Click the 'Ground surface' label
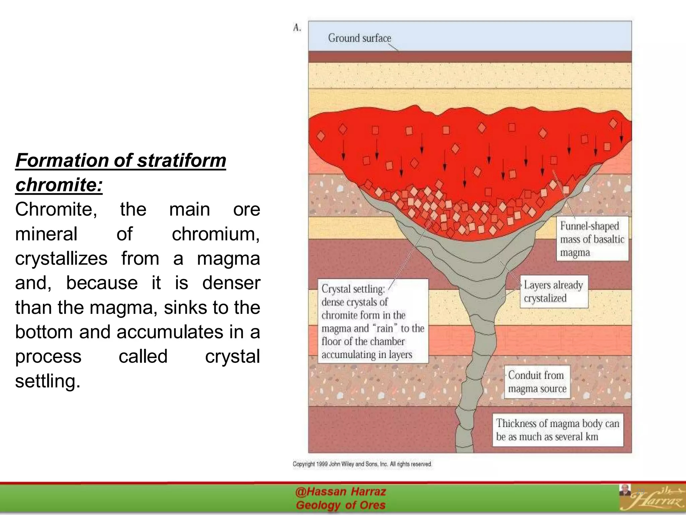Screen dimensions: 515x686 tap(359, 38)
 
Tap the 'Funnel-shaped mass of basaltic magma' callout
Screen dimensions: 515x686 tap(592, 239)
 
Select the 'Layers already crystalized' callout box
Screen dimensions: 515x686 tap(553, 291)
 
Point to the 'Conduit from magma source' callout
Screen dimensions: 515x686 tap(537, 382)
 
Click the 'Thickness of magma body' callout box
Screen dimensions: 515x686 tap(558, 430)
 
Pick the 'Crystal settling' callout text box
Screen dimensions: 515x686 tap(372, 321)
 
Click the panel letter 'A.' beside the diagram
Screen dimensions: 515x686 tap(297, 28)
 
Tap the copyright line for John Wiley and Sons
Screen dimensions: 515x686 tap(362, 464)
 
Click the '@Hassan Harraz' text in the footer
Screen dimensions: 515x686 tap(340, 492)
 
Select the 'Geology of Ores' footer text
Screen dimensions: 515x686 tap(340, 505)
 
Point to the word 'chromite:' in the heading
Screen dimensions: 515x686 tap(59, 185)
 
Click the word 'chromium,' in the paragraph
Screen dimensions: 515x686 tap(216, 234)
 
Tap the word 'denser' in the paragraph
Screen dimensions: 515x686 tap(231, 283)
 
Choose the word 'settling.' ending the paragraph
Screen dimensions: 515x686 tap(48, 381)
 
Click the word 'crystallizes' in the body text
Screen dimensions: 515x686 tap(61, 258)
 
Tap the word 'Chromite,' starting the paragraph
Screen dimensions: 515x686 tap(56, 209)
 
